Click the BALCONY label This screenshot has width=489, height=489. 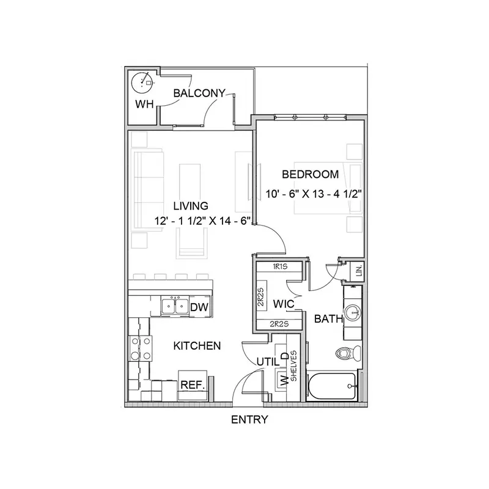coord(199,93)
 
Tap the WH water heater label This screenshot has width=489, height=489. coord(144,104)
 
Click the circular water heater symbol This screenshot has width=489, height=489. coord(142,83)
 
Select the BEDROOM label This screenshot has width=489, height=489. coord(311,174)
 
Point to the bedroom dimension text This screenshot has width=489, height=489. coord(314,194)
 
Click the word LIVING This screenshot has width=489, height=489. coord(191,206)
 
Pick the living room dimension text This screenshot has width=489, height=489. coord(203,221)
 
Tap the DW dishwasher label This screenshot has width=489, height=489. coord(199,307)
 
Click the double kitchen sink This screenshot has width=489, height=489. coord(175,306)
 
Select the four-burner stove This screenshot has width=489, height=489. coord(141,348)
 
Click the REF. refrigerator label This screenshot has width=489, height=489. coord(193,384)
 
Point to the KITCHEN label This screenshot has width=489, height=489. coord(197,345)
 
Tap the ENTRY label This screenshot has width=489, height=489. coord(249,419)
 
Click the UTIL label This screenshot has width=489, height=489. coord(268,362)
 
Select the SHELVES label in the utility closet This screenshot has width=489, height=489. coord(293,366)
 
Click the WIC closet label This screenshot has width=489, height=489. coord(284,304)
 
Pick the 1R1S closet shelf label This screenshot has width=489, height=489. coord(280,267)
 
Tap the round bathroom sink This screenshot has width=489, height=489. coord(353,312)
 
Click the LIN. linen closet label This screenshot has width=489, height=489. coord(359,270)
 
